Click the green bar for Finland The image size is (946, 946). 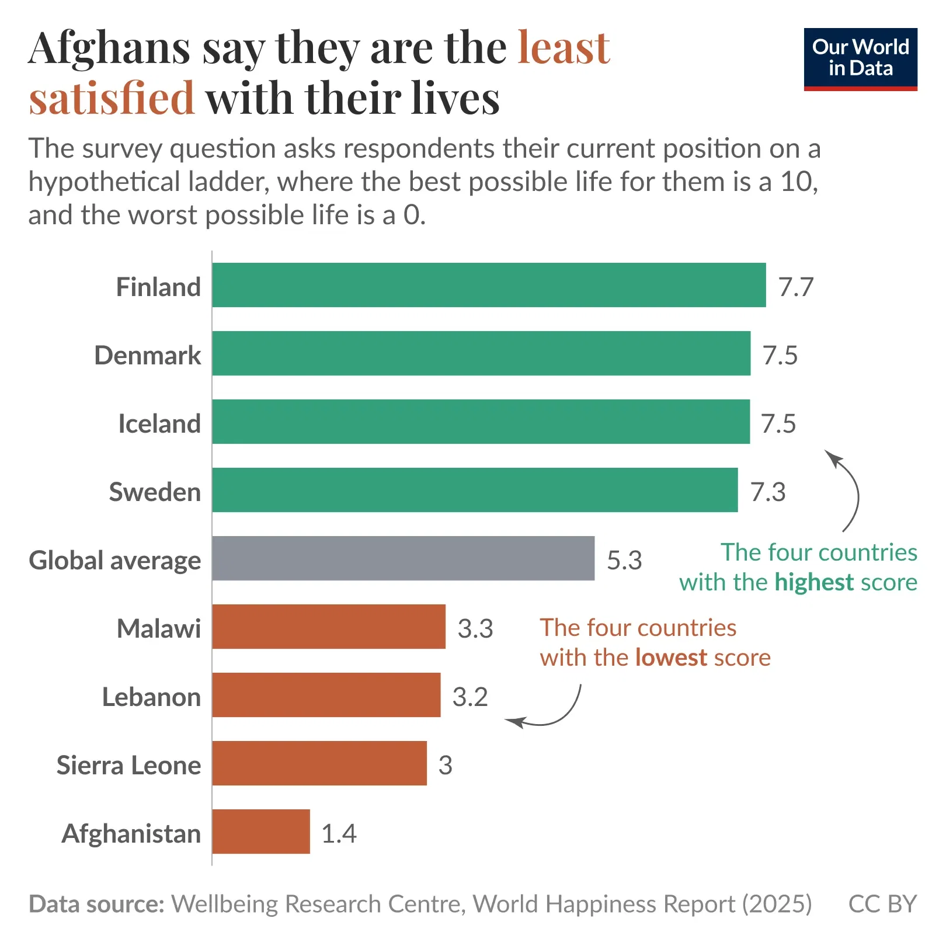489,285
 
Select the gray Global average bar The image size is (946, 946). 403,558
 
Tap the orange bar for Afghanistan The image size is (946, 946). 261,832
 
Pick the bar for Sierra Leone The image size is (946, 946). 319,763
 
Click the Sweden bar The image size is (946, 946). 475,490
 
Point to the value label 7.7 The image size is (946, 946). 796,287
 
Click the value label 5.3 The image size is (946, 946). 624,561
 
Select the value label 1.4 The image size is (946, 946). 339,834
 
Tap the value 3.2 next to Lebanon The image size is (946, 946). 470,697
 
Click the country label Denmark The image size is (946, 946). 148,356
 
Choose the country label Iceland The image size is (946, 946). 159,424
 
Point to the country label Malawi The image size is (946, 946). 159,629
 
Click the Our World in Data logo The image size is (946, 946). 860,59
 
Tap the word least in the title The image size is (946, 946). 564,48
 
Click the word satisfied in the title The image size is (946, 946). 112,98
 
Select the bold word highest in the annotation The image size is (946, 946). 814,583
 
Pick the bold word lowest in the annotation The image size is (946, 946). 671,658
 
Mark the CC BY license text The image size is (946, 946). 882,904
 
